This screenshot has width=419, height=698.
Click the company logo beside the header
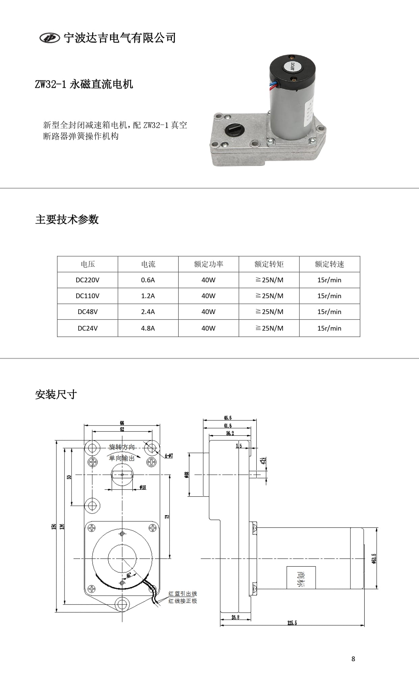click(50, 38)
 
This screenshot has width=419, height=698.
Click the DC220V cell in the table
click(87, 280)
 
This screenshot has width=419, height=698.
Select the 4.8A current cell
click(148, 328)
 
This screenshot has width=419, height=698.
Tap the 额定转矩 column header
click(269, 264)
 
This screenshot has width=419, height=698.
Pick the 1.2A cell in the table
click(148, 296)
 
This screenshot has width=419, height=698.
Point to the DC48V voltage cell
click(87, 312)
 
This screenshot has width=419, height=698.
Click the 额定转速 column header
click(329, 264)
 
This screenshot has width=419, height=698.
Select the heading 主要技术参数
click(67, 219)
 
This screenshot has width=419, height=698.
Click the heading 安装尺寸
click(56, 394)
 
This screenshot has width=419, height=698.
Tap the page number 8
click(353, 659)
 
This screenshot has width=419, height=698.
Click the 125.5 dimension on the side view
click(292, 623)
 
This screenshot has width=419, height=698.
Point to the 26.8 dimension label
click(235, 617)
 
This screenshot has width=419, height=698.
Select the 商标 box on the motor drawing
click(301, 577)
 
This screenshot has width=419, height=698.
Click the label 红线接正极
click(182, 601)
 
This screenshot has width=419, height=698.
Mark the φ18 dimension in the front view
click(142, 487)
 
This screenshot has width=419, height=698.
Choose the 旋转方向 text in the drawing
click(122, 447)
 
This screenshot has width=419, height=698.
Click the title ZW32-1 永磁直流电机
click(84, 84)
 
